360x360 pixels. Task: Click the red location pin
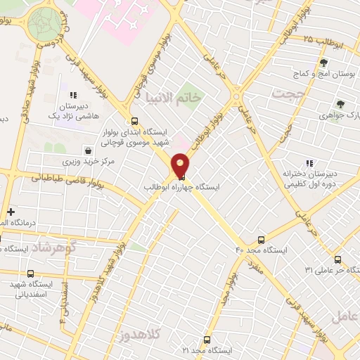(181, 165)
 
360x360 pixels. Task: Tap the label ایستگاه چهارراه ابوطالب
(181, 188)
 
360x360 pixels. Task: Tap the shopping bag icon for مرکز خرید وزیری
(88, 150)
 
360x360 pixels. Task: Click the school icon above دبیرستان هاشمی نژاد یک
(72, 95)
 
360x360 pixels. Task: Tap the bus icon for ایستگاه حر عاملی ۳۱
(338, 259)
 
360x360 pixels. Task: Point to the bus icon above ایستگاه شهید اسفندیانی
(30, 274)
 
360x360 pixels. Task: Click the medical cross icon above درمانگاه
(11, 212)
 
